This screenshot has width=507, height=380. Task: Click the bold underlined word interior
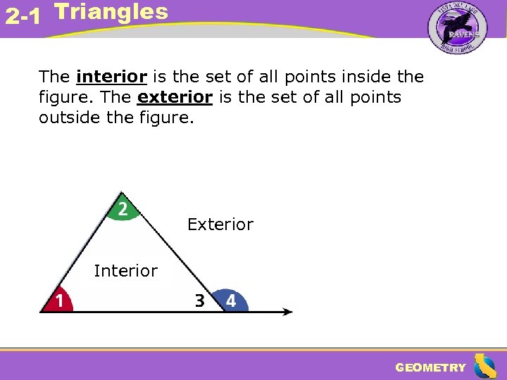click(111, 76)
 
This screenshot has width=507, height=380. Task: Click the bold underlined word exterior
click(175, 97)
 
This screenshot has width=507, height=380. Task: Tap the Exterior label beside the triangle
click(220, 224)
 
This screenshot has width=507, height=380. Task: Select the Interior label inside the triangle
click(126, 270)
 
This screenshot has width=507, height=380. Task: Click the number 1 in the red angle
click(61, 301)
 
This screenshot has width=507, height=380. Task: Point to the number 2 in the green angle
click(123, 209)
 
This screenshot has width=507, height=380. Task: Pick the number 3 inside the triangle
click(200, 301)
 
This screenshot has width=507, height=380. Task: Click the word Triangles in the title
click(111, 11)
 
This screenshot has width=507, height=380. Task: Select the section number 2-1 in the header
click(21, 17)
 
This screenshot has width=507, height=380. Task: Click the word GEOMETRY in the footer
click(430, 367)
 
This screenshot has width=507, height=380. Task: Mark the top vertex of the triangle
click(122, 192)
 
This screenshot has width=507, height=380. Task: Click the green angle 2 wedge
click(123, 210)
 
